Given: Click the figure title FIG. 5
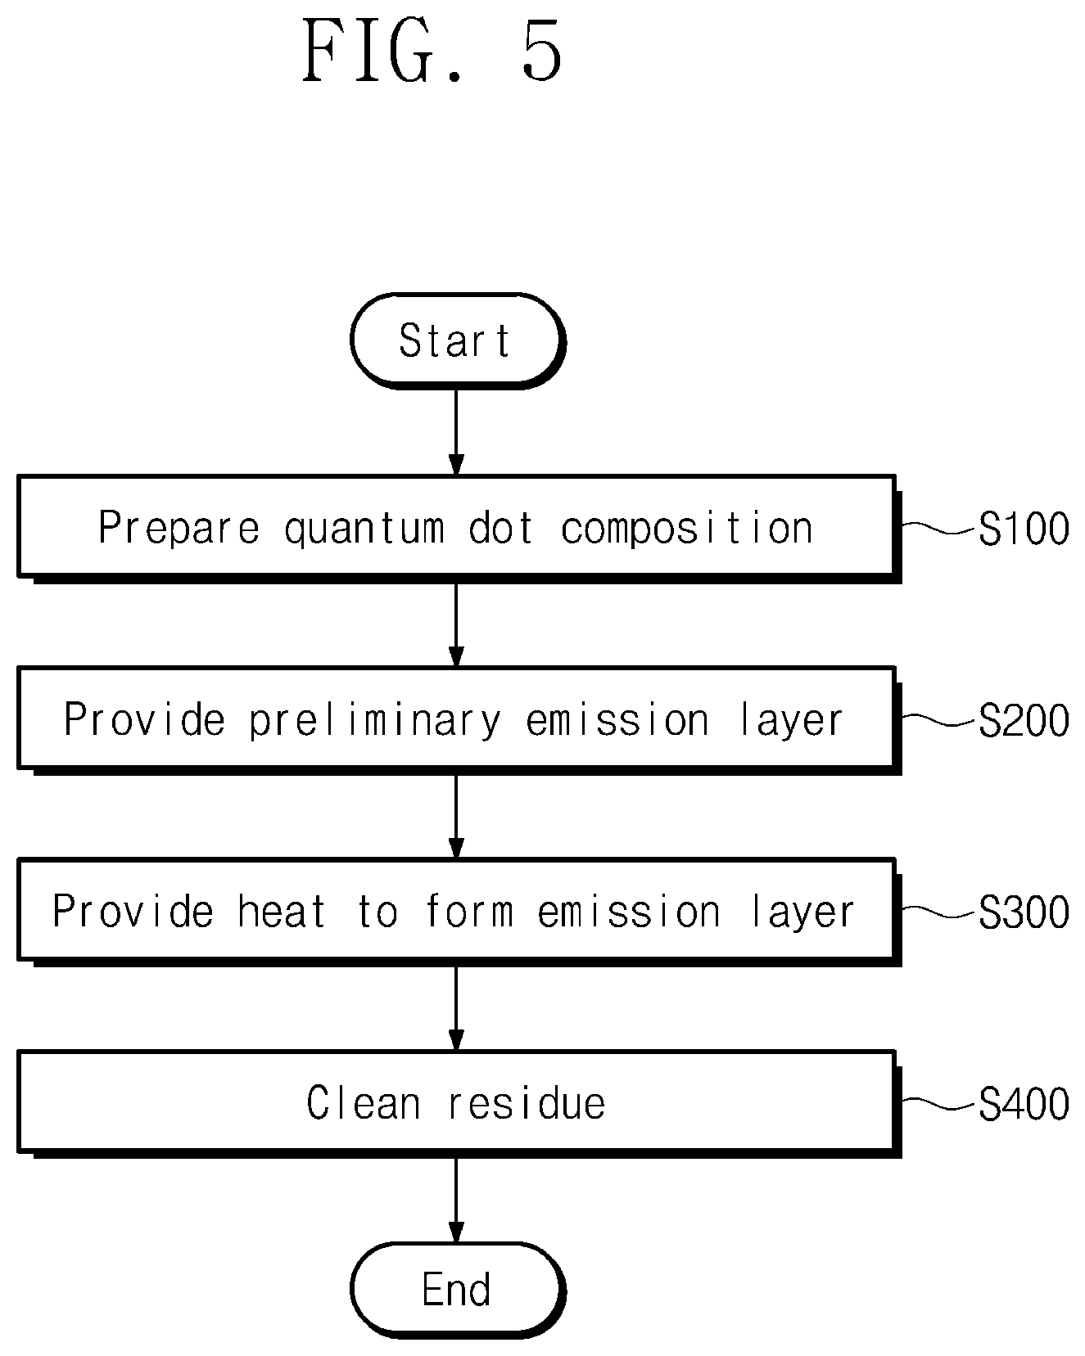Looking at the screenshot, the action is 432,51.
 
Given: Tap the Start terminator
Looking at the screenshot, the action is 458,340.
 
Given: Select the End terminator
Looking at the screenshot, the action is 458,1291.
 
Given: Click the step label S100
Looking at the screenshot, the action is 1024,529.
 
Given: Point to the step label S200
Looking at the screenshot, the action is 1024,720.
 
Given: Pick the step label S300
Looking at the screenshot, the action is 1024,912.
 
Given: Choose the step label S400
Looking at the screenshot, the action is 1024,1104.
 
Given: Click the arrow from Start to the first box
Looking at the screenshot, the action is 456,431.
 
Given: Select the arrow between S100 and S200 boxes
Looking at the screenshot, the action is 456,624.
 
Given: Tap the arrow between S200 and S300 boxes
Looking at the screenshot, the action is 456,816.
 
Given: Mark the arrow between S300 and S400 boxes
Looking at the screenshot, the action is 456,1008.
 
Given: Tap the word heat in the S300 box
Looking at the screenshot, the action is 282,912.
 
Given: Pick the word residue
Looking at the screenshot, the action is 527,1103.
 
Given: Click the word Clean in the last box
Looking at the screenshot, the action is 363,1103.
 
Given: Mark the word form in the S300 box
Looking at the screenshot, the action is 469,912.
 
